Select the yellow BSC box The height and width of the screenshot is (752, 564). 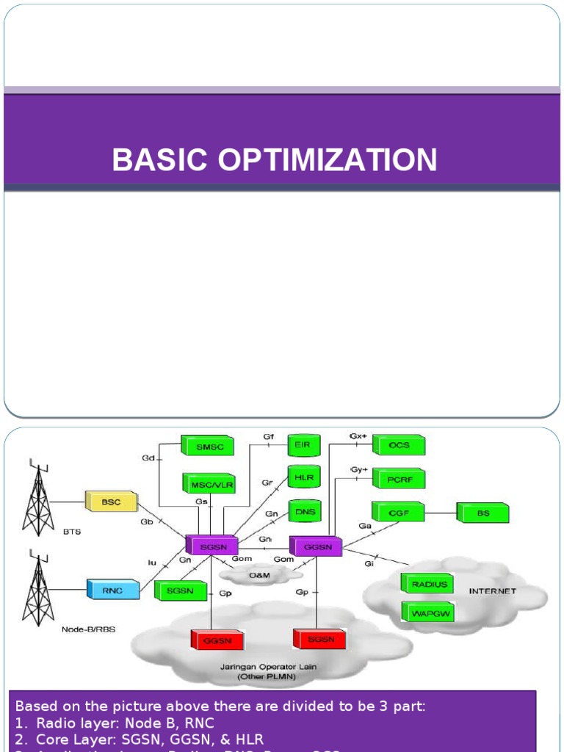(x=111, y=502)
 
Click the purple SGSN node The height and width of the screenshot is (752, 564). (x=211, y=546)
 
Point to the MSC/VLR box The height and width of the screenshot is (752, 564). (x=208, y=484)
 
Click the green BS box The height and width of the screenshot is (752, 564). (x=482, y=513)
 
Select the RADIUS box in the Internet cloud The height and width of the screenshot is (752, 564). (x=428, y=585)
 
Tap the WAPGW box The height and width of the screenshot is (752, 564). (x=427, y=612)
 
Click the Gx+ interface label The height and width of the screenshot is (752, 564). (x=358, y=435)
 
